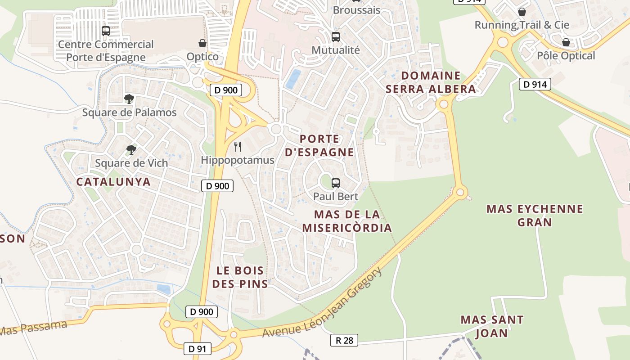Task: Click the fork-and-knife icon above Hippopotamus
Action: pos(238,147)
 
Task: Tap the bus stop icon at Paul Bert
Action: pos(336,183)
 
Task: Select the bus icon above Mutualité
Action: pos(336,36)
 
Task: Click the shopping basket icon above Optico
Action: pos(202,43)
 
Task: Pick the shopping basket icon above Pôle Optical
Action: pos(566,42)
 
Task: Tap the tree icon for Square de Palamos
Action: pos(129,99)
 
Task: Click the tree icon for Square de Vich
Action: pos(131,149)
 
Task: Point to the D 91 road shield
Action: pos(197,348)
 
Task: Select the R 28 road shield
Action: pos(344,340)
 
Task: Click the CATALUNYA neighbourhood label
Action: pos(113,182)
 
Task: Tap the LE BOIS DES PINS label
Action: pos(240,277)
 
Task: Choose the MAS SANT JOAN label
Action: pos(492,327)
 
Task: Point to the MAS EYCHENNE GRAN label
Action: pos(535,216)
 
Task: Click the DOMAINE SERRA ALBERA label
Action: pos(431,82)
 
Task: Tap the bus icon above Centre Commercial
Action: pos(106,31)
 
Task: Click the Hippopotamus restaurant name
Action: pos(237,160)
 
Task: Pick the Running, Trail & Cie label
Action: pos(522,25)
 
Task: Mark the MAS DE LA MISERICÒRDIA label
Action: pos(346,221)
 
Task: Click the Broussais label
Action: pos(356,10)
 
